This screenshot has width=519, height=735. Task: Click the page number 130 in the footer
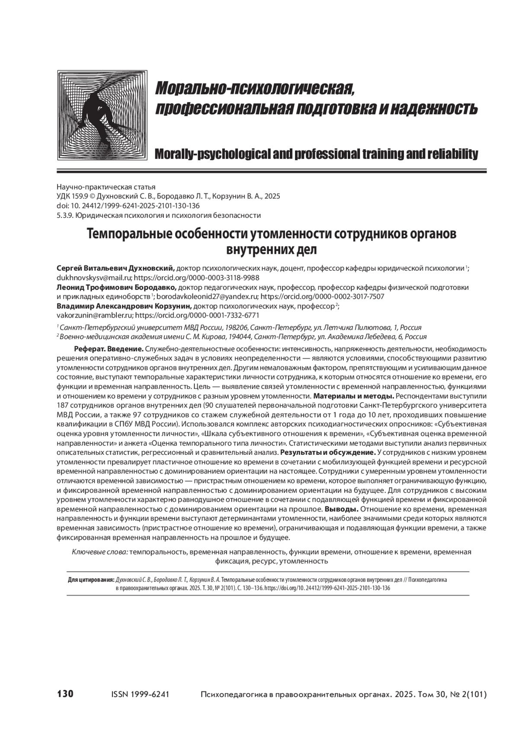pos(65,694)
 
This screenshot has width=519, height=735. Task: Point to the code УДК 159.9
pos(72,196)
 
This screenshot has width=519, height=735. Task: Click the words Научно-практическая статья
pos(106,187)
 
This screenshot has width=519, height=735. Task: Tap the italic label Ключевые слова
pos(99,552)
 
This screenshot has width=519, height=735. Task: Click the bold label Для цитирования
pos(91,580)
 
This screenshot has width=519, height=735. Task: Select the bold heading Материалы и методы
pos(353,396)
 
